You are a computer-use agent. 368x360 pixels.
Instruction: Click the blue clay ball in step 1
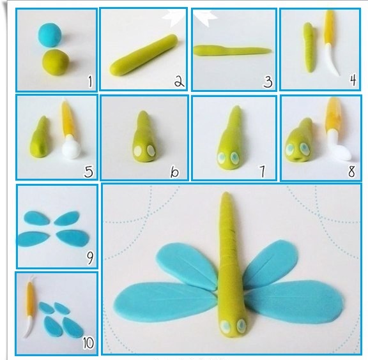[50, 34]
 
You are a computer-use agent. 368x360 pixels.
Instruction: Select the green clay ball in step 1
[56, 62]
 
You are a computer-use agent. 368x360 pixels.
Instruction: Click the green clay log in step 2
[144, 55]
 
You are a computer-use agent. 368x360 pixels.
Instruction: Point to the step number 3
[268, 82]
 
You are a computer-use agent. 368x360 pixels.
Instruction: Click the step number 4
[353, 80]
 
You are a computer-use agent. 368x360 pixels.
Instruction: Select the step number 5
[88, 172]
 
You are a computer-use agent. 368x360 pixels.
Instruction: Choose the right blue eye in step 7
[234, 158]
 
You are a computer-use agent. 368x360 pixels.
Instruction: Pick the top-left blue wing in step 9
[36, 218]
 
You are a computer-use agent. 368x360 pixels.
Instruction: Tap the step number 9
[90, 257]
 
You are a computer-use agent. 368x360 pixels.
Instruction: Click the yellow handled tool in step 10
[30, 305]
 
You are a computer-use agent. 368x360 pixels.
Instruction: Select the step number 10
[88, 343]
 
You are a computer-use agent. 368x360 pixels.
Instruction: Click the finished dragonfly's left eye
[226, 326]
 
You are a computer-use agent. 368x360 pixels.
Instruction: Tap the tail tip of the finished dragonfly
[226, 193]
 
